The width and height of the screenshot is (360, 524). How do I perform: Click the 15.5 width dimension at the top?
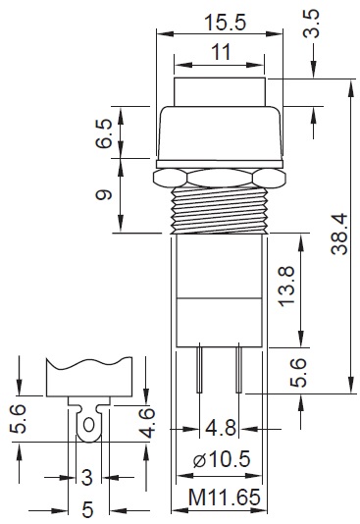(225, 23)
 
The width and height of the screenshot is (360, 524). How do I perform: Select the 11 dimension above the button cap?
(221, 52)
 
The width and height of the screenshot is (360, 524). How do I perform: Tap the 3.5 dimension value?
(311, 24)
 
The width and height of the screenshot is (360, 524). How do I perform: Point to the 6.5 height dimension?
(103, 133)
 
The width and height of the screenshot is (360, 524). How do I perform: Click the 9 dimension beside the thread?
(103, 194)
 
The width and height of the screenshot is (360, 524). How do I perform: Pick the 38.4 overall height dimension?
(339, 235)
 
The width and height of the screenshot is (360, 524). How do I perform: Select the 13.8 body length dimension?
(286, 287)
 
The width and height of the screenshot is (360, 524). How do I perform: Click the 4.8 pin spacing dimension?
(221, 428)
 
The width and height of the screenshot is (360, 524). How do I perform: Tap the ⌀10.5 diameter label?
(222, 459)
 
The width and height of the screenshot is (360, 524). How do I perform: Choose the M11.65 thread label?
(224, 497)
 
